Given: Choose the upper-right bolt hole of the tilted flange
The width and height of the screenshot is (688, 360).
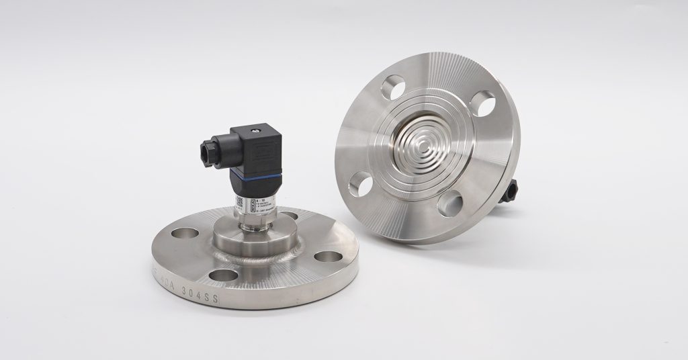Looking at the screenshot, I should [x=482, y=103].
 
